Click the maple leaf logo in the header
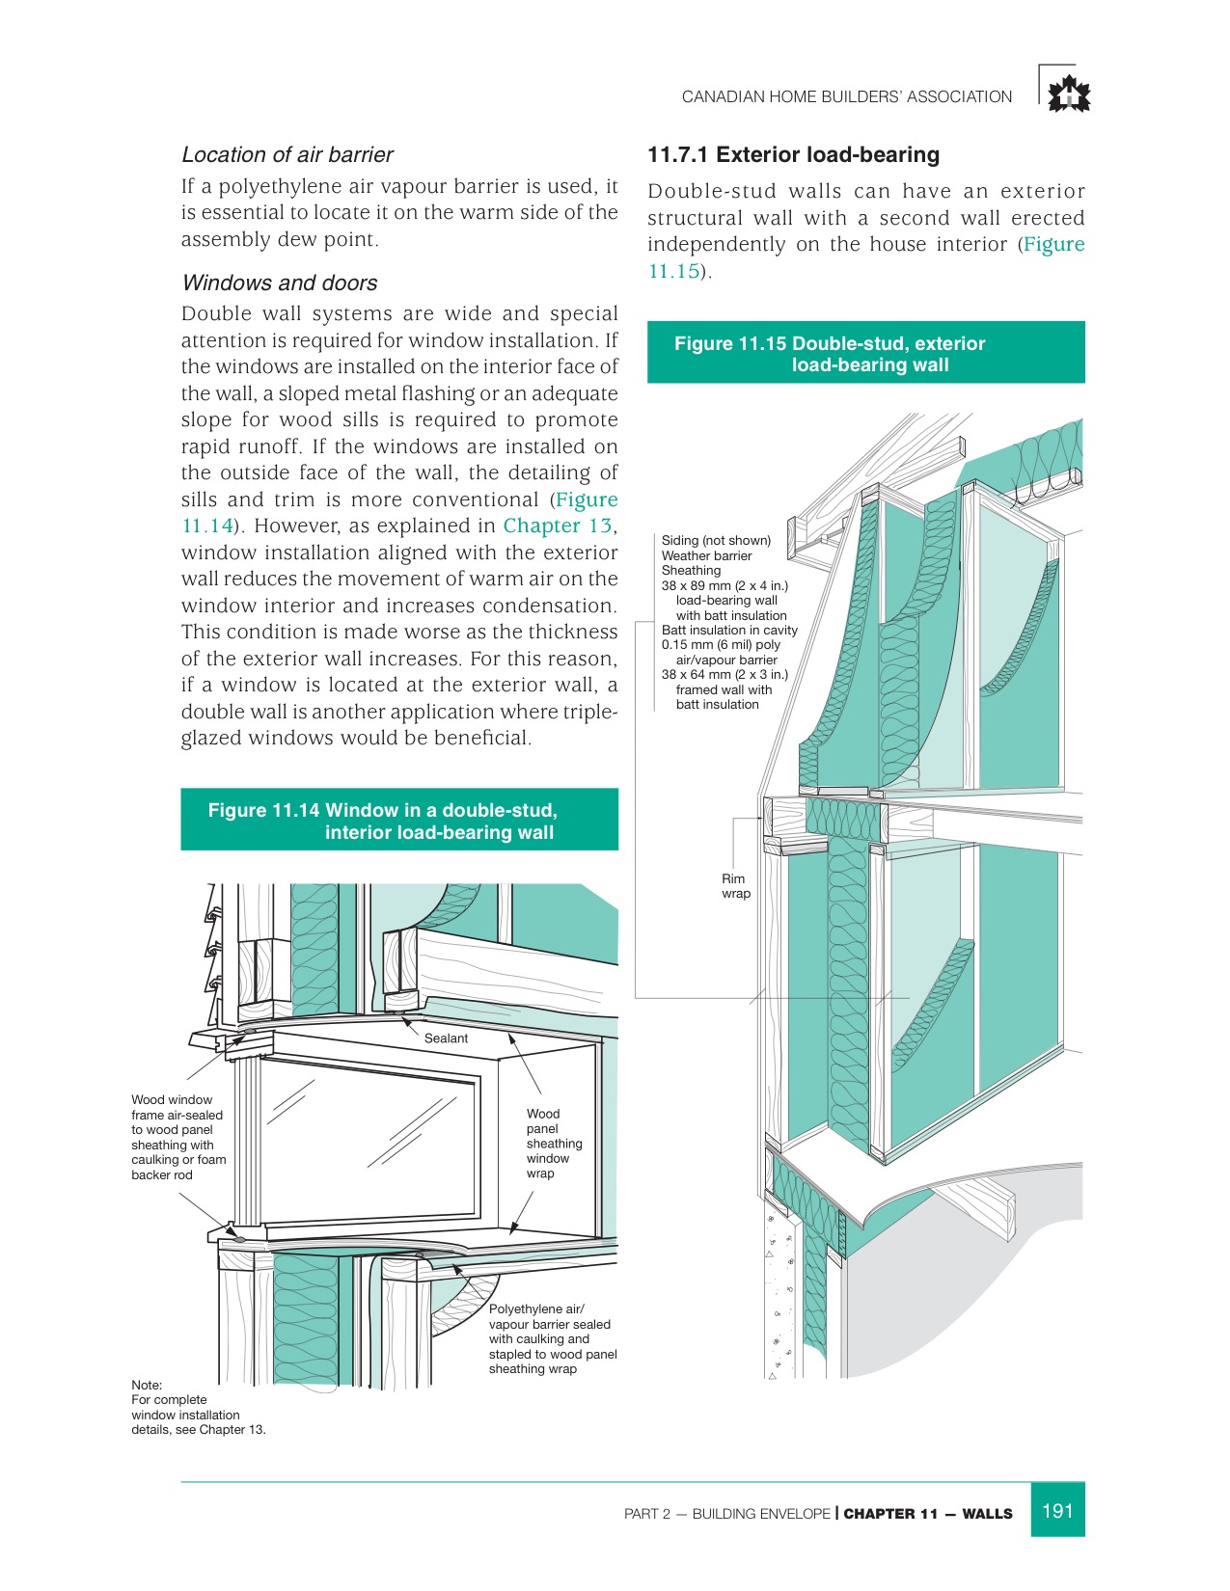point(1069,94)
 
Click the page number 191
point(1057,1511)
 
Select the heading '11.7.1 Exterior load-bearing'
point(793,155)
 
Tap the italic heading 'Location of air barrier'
point(287,155)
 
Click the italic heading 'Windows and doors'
point(280,283)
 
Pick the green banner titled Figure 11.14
point(399,821)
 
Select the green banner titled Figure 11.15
point(865,353)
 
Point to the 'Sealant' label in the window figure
point(446,1038)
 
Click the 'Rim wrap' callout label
point(735,886)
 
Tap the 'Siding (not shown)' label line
point(716,541)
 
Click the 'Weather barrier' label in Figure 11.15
point(706,556)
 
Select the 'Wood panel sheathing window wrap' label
point(553,1144)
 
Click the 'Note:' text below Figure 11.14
point(147,1386)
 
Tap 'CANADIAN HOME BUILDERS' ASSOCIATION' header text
point(846,97)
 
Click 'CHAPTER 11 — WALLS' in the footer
point(927,1514)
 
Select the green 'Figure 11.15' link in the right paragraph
point(1053,245)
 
